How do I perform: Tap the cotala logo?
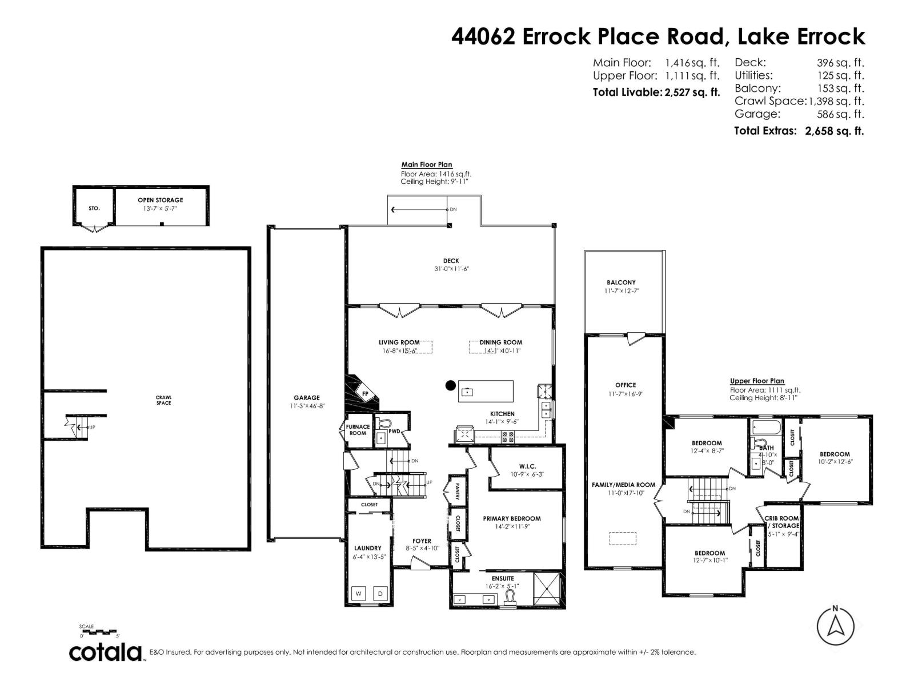tap(106, 652)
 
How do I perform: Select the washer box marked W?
tap(359, 594)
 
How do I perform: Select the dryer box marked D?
tap(381, 594)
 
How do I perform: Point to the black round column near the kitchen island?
tap(450, 385)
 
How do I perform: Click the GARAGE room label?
tap(307, 398)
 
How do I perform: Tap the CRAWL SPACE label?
tap(163, 400)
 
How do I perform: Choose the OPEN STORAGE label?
tap(160, 200)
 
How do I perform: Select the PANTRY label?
tap(458, 490)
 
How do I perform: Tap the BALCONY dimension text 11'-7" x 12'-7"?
tap(622, 291)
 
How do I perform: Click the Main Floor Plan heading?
tap(427, 164)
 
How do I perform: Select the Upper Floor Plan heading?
tap(757, 381)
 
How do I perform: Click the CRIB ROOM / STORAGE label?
tap(782, 522)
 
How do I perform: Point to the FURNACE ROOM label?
tap(358, 430)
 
